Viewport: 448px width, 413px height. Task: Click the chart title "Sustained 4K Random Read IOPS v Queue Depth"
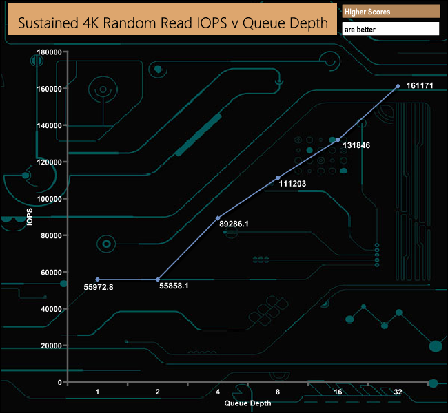(x=172, y=22)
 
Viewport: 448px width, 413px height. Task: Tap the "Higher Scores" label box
(x=390, y=12)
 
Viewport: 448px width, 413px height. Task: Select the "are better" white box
(x=390, y=30)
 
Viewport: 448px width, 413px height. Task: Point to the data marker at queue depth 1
(x=98, y=279)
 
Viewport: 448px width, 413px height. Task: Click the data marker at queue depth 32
(x=398, y=86)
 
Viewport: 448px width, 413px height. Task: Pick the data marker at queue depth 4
(x=218, y=218)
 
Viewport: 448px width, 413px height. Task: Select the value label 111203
(x=292, y=183)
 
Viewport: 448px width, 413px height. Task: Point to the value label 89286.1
(x=234, y=224)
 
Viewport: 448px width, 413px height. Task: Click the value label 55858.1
(x=174, y=284)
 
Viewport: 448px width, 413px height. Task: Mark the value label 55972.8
(x=99, y=287)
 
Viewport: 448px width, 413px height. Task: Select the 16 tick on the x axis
(x=338, y=392)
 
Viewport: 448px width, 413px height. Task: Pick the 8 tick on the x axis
(x=278, y=392)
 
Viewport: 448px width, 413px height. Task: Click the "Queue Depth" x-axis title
(x=247, y=403)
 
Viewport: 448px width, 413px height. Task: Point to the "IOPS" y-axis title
(x=30, y=217)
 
